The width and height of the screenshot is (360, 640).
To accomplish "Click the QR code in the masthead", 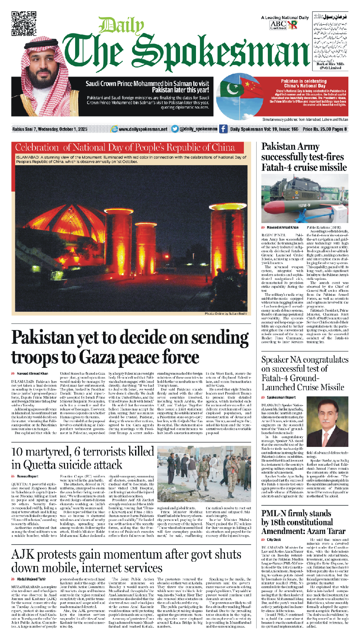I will (x=24, y=24).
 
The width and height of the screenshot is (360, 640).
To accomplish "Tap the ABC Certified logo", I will (x=278, y=25).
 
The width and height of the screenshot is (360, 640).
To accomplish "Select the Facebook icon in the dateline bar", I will (x=223, y=129).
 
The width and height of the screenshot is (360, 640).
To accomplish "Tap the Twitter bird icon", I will (x=175, y=129).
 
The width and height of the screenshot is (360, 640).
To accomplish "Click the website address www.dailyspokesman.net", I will (x=143, y=129).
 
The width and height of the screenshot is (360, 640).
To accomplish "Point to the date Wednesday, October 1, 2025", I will (x=62, y=129).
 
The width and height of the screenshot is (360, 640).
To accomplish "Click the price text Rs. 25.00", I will (x=320, y=129).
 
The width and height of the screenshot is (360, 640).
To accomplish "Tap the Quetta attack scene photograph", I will (x=204, y=474).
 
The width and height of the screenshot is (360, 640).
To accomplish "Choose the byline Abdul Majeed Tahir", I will (x=31, y=579).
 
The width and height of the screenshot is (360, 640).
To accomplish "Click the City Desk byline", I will (x=274, y=540).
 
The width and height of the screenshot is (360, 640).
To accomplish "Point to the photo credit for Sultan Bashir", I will (x=226, y=314).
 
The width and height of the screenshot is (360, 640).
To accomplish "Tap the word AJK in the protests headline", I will (x=23, y=555).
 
